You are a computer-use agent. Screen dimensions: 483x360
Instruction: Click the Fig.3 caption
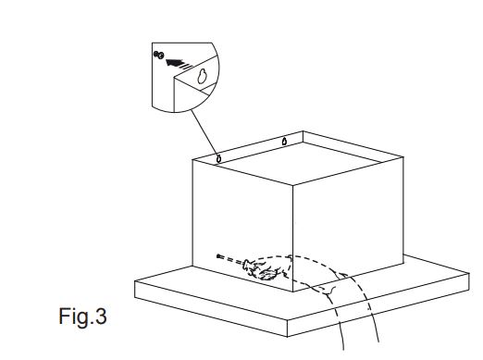(82, 317)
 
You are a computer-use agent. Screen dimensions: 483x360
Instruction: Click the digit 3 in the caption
(101, 317)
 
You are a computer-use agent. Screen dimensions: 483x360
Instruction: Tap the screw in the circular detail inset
(159, 55)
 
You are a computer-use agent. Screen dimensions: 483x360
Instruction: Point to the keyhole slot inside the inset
(202, 76)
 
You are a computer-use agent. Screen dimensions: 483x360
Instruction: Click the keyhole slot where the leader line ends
(218, 159)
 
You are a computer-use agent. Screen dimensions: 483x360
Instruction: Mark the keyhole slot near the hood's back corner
(284, 142)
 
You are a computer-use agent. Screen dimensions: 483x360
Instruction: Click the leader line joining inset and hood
(204, 132)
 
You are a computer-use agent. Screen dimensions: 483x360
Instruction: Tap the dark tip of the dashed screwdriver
(219, 256)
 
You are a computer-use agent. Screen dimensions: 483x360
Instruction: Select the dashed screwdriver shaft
(232, 260)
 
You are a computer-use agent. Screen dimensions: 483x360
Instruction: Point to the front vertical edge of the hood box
(292, 239)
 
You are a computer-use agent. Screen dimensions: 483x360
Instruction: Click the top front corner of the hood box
(292, 185)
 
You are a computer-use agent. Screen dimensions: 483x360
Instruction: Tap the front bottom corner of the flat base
(288, 336)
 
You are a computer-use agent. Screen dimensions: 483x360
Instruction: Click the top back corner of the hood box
(303, 131)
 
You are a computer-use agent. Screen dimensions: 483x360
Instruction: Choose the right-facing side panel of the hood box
(348, 225)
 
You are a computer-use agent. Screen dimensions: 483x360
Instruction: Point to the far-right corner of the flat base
(469, 273)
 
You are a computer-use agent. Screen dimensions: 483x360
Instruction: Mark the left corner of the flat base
(135, 281)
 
